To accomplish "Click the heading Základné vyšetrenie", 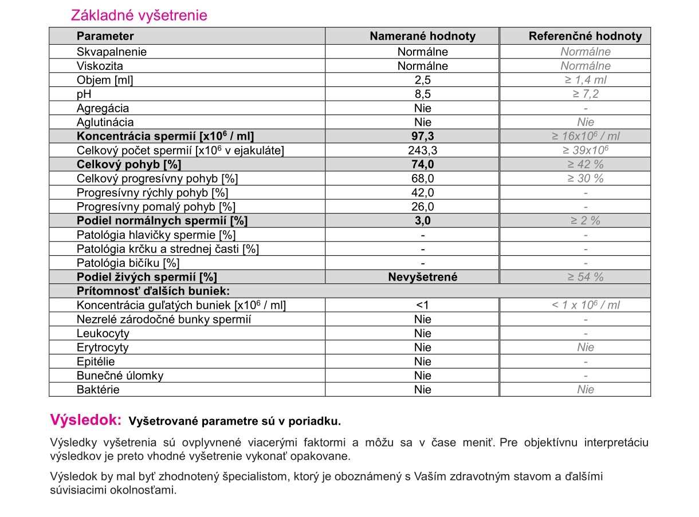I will (139, 15).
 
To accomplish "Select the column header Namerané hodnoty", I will (422, 36).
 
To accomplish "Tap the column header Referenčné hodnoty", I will (585, 36).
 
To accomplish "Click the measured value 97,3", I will (423, 136).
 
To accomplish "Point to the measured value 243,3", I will (423, 151).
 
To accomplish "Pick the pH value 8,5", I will (423, 94).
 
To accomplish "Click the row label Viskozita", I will (100, 66).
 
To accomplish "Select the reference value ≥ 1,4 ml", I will (586, 80).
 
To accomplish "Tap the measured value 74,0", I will (423, 164).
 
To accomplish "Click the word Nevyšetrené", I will (423, 277).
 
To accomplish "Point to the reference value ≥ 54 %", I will (586, 277).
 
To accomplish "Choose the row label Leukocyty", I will (103, 333).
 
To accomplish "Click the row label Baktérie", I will (99, 390).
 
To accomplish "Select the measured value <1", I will (423, 305).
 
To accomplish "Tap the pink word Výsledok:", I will (86, 420).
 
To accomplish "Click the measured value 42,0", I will (423, 192).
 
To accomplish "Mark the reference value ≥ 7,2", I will (586, 94).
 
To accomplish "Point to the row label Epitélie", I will (96, 361).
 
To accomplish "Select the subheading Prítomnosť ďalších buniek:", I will (153, 291).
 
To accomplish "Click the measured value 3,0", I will (423, 220).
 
